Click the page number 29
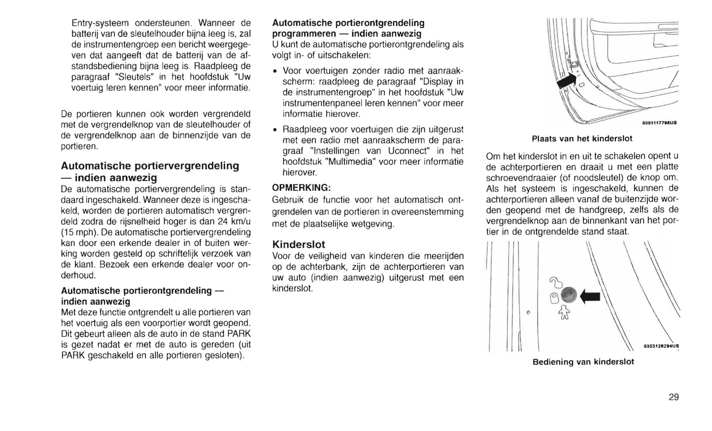coord(674,397)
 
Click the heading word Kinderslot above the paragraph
coord(299,244)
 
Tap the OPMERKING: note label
coord(301,188)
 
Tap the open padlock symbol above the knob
coord(555,283)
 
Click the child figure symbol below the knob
coord(564,312)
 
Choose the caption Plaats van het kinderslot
coord(582,139)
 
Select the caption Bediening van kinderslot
coord(583,362)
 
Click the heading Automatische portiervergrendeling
coord(150,166)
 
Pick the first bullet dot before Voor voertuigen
coord(274,71)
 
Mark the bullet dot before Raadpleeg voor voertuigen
coord(274,130)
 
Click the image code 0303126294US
coord(661,346)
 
